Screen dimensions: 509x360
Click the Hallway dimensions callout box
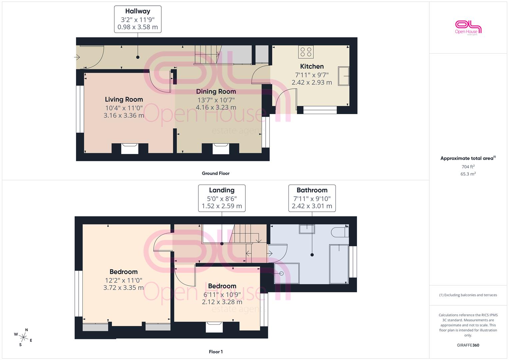tap(138, 19)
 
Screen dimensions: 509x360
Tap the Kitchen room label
tap(312, 66)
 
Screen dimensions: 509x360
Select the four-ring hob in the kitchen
tap(306, 52)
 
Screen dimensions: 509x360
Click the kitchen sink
tap(343, 76)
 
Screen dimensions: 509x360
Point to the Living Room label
tap(124, 99)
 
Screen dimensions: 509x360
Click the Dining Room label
tap(216, 91)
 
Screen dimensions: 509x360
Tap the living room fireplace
tap(130, 149)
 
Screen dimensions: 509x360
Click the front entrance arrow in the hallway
tap(77, 57)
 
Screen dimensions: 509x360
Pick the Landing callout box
tap(222, 198)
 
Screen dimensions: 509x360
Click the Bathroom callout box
tap(312, 198)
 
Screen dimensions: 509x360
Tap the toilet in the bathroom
tap(340, 232)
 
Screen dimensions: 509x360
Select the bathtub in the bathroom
tap(339, 264)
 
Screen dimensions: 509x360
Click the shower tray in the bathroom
tap(287, 273)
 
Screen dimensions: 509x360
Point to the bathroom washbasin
tap(307, 229)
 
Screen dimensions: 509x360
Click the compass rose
tap(23, 337)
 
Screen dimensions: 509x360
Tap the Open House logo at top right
tap(468, 28)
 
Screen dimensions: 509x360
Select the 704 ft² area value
tap(468, 167)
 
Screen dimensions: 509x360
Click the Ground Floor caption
tap(216, 173)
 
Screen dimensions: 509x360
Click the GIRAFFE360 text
tap(468, 345)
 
